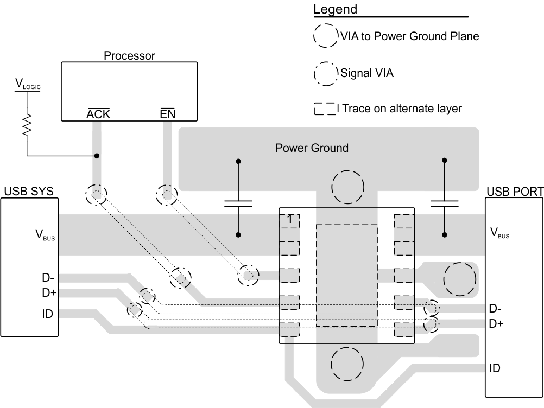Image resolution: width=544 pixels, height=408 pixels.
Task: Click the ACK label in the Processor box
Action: tap(99, 114)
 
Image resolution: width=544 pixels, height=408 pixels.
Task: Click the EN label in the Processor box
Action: tap(167, 114)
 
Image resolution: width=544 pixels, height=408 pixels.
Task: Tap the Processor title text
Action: tap(129, 55)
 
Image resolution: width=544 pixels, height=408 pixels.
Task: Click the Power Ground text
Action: tap(312, 148)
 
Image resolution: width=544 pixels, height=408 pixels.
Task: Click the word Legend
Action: tap(335, 10)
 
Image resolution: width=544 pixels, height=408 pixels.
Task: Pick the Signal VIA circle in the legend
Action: tap(325, 74)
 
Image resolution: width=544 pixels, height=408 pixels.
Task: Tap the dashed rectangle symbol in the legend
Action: tap(325, 109)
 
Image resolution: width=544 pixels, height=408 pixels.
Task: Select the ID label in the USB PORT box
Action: tap(495, 368)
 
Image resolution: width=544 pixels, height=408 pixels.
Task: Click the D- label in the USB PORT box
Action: tap(496, 309)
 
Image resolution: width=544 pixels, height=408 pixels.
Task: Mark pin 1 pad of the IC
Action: tap(290, 220)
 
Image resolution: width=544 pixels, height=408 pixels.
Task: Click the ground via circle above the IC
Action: tap(346, 187)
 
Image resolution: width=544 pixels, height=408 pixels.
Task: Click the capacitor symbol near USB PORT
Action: tap(445, 203)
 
